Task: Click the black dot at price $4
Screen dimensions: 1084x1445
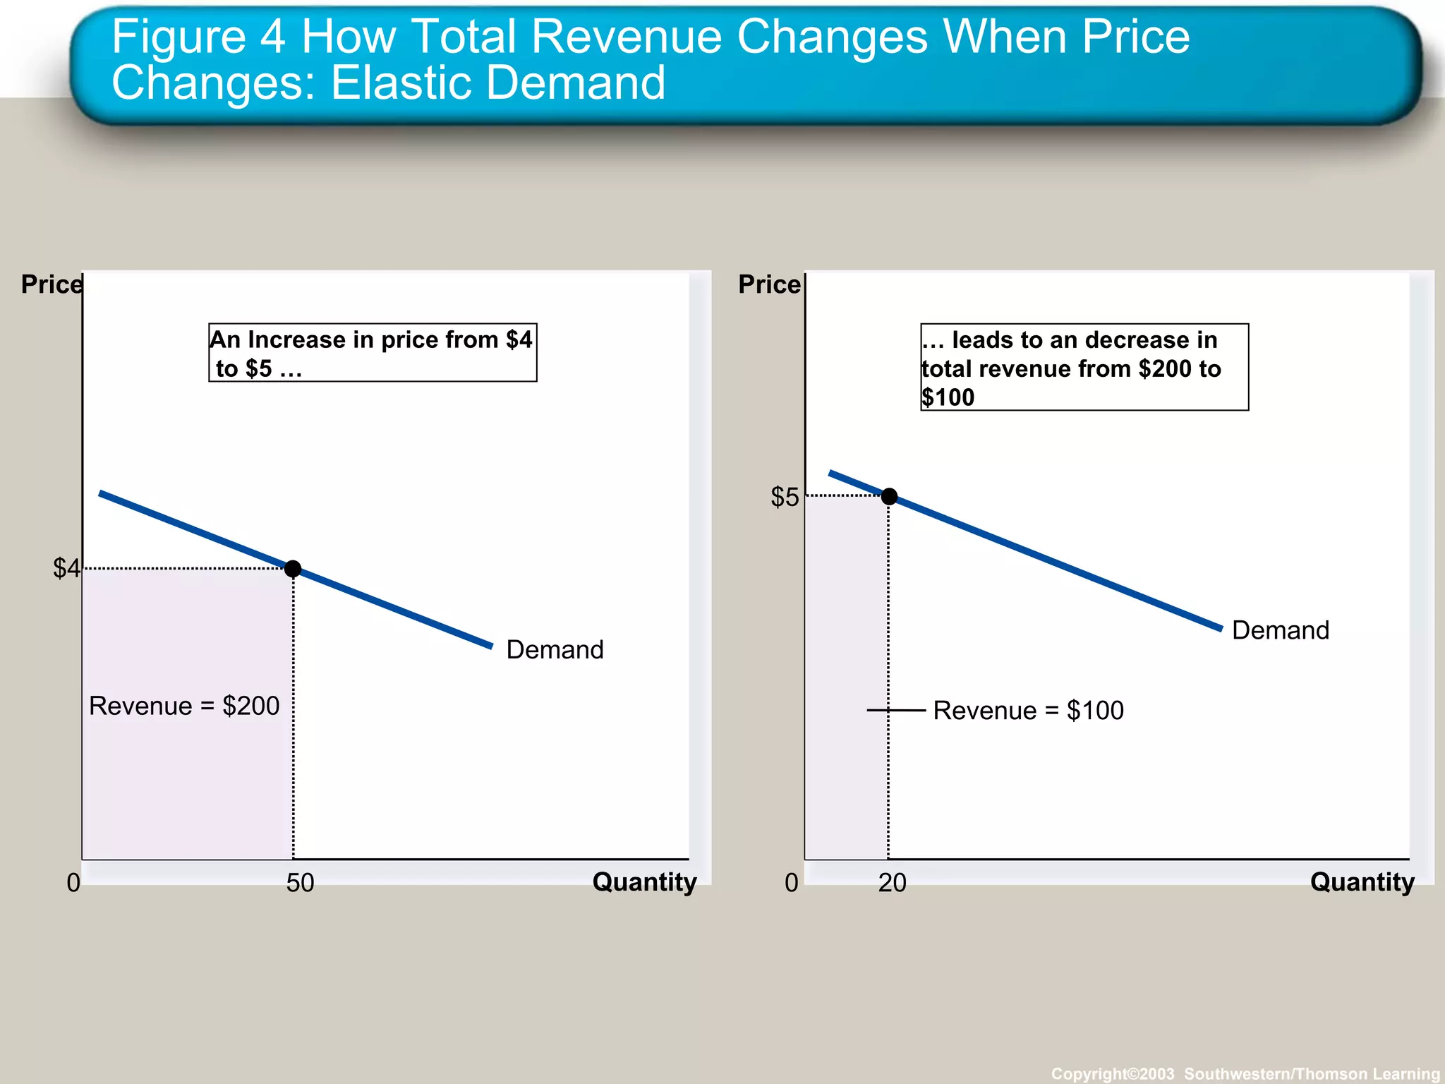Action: (x=293, y=569)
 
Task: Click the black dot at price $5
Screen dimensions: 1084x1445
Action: (x=889, y=497)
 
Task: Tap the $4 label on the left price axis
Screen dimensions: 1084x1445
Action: (x=66, y=568)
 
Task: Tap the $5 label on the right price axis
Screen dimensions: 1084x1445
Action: (x=785, y=498)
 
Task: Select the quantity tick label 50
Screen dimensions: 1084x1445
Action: (x=300, y=883)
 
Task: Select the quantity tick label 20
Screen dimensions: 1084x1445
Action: (x=892, y=883)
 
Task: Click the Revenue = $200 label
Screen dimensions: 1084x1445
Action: (x=184, y=706)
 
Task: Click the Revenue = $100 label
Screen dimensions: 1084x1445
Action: (x=1028, y=711)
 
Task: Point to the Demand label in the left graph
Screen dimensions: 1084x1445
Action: (x=555, y=650)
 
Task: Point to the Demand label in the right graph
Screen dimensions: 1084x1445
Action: (x=1280, y=630)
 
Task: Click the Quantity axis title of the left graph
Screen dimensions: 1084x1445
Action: (x=644, y=882)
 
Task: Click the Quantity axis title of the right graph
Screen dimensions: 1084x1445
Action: (x=1362, y=882)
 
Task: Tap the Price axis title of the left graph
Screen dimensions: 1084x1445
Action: (x=52, y=284)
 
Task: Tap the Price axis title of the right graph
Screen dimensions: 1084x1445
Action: (x=769, y=284)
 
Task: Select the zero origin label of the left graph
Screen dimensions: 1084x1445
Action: (x=73, y=883)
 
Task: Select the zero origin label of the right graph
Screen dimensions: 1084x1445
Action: (x=792, y=883)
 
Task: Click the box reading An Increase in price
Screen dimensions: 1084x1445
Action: (x=373, y=353)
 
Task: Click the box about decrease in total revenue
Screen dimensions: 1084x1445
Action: (x=1084, y=367)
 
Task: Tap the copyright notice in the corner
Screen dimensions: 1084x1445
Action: (x=1245, y=1073)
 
